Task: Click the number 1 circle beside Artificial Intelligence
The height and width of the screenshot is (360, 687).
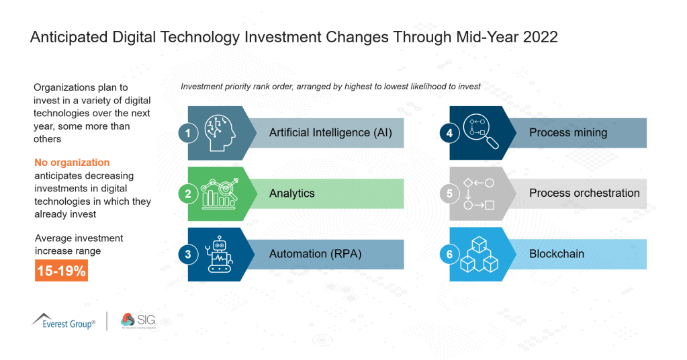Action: pos(188,133)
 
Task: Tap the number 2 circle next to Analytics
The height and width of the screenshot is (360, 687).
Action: pos(188,193)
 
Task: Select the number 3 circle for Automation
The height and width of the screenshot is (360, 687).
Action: pos(188,255)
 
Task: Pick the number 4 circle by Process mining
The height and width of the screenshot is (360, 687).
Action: pos(449,133)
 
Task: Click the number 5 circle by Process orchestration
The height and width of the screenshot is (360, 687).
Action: pos(449,193)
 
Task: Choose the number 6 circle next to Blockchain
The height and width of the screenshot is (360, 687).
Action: pos(449,255)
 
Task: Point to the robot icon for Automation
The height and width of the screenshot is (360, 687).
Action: pos(221,255)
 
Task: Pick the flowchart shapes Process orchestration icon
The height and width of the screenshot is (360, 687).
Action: pos(479,193)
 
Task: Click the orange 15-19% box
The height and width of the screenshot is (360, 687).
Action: pos(61,271)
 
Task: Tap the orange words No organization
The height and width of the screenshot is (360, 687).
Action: pos(72,163)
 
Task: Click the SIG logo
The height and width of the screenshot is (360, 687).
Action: pos(138,320)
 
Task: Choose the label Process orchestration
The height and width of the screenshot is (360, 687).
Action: pos(584,193)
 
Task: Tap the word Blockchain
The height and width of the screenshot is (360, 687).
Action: pos(556,254)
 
